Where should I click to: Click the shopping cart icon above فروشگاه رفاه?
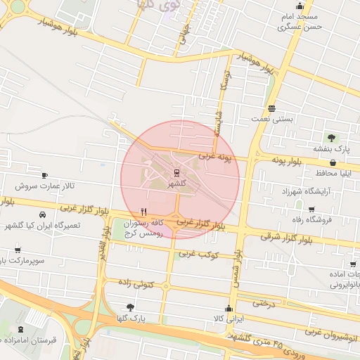[311, 209]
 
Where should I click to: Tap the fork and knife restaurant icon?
[143, 211]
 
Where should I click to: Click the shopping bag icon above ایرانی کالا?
[228, 308]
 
